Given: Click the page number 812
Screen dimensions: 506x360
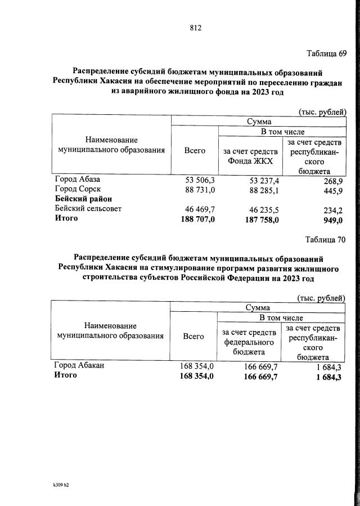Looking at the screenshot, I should tap(195, 28).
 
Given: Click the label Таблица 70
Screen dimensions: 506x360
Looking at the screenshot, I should tap(325, 239).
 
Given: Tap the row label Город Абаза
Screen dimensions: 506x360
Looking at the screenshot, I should tap(77, 180).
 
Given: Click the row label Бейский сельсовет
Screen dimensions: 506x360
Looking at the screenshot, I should tap(88, 209).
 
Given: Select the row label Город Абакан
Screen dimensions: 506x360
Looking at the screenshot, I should tap(79, 366).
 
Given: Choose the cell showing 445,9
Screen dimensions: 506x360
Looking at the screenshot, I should tap(331, 190).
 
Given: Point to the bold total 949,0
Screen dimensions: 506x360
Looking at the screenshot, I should tap(331, 220).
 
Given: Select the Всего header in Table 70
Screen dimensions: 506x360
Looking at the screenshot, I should tap(193, 336).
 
